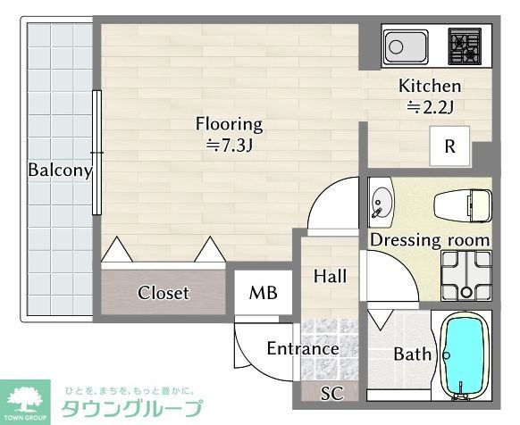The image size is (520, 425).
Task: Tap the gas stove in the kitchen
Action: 464,46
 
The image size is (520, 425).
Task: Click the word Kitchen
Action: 430,87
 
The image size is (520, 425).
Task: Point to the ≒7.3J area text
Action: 230,144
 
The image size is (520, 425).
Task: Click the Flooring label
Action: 230,124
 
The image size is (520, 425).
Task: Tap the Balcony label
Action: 60,170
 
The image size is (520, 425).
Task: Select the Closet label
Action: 164,293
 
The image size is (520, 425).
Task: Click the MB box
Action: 263,293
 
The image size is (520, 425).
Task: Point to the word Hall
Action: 330,277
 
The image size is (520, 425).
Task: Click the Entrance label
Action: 303,348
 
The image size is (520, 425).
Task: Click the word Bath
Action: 413,354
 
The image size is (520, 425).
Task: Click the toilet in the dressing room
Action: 464,206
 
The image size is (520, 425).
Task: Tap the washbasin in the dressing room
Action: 382,204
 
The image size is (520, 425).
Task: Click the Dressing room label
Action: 430,240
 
